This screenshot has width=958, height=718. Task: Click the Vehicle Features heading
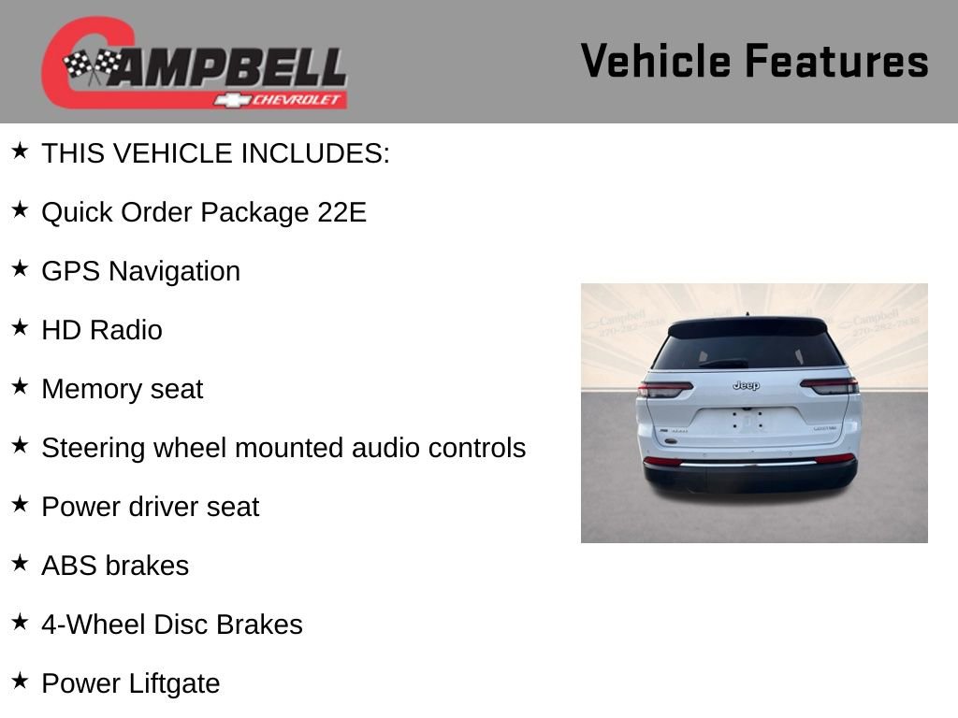[754, 62]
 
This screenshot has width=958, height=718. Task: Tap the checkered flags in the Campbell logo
[92, 65]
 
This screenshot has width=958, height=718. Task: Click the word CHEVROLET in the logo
[297, 100]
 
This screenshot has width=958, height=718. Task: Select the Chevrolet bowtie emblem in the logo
[231, 100]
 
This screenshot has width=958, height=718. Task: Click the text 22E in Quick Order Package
[341, 212]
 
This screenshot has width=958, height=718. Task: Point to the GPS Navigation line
[140, 271]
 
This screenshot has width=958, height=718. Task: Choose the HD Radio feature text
[101, 330]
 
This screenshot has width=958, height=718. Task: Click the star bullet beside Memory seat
[20, 386]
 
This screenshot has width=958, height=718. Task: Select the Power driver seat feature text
[150, 507]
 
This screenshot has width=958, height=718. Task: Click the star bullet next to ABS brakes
[20, 563]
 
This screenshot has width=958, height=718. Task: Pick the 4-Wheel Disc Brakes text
[171, 625]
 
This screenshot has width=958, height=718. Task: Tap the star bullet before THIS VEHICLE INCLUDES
[20, 151]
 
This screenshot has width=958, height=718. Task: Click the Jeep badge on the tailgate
[746, 385]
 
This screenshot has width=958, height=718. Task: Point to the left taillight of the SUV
[665, 389]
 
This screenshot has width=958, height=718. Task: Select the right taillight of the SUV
[829, 385]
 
